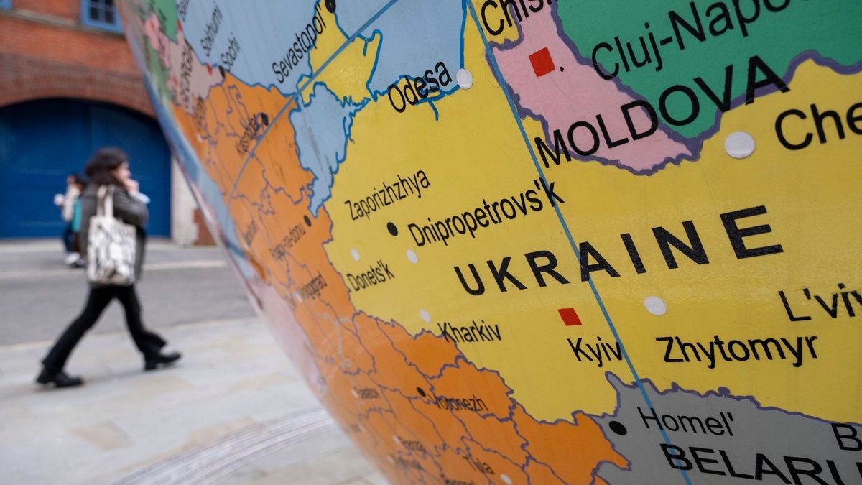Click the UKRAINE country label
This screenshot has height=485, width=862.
[618, 251]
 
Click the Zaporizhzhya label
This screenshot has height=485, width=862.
[388, 195]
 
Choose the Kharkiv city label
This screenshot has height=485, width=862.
[471, 331]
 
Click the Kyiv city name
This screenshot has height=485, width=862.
[595, 351]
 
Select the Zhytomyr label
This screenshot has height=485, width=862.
[736, 348]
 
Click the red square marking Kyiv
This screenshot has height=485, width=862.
[570, 317]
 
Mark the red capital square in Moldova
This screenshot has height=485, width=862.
[542, 62]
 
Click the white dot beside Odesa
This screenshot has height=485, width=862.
[465, 78]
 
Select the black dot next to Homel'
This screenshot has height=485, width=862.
[617, 428]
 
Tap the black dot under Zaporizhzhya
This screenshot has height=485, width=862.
[391, 228]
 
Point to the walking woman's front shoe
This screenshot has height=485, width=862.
[162, 359]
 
